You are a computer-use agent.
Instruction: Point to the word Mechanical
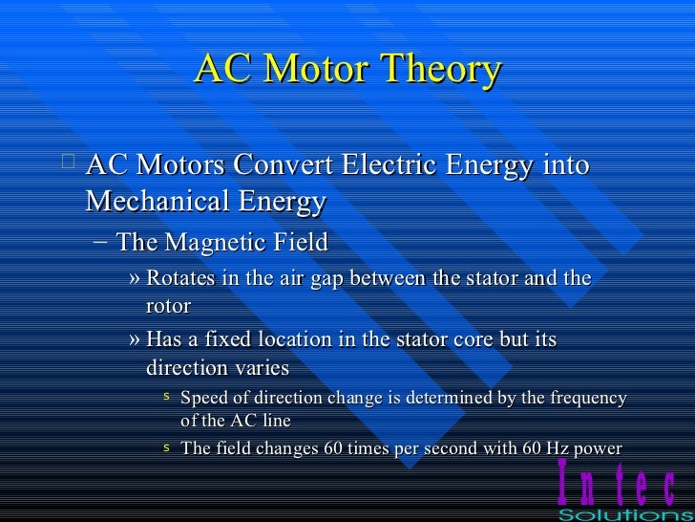[158, 202]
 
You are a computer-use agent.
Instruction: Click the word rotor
[168, 306]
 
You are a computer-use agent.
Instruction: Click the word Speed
[204, 398]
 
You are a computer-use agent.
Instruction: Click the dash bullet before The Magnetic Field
[101, 242]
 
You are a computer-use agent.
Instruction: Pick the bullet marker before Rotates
[135, 279]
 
